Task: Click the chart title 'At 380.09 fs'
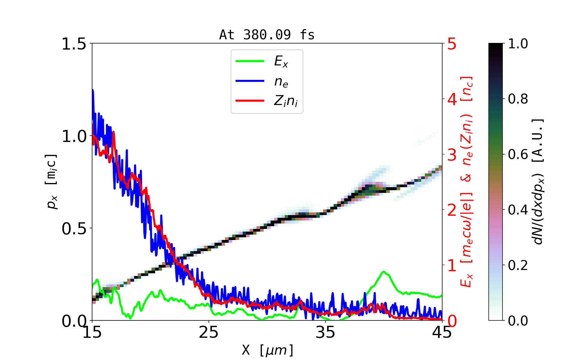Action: pyautogui.click(x=267, y=35)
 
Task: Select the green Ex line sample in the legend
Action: pyautogui.click(x=250, y=61)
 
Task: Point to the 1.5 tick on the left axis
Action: pyautogui.click(x=74, y=44)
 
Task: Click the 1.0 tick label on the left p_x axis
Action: pyautogui.click(x=74, y=136)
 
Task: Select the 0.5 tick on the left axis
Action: pyautogui.click(x=74, y=229)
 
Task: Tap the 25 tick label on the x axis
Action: pyautogui.click(x=209, y=332)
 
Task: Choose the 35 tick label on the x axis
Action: pyautogui.click(x=325, y=332)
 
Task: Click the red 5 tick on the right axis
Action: pyautogui.click(x=452, y=44)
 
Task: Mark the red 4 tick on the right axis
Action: pyautogui.click(x=452, y=99)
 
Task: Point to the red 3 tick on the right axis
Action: pyautogui.click(x=452, y=155)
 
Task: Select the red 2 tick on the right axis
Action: pyautogui.click(x=452, y=210)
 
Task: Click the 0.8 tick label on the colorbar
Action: pyautogui.click(x=518, y=99)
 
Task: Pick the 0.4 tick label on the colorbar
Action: pyautogui.click(x=518, y=210)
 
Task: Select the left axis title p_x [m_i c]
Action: pyautogui.click(x=52, y=181)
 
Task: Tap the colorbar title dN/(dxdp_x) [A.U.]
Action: pyautogui.click(x=539, y=181)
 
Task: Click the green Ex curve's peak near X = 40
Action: pyautogui.click(x=383, y=272)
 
